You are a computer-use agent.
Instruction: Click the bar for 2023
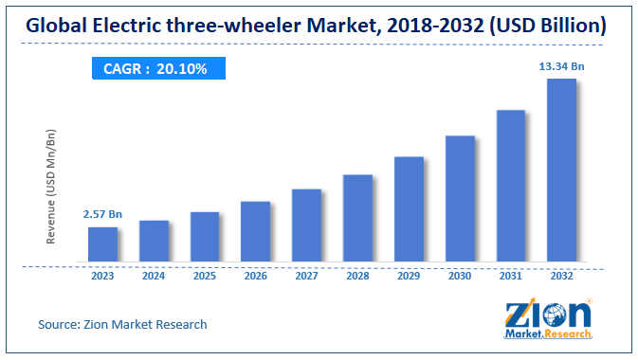103,243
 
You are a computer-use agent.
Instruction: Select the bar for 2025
205,236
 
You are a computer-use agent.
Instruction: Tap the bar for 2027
307,225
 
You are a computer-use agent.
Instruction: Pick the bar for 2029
409,208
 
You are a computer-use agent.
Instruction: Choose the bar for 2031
511,185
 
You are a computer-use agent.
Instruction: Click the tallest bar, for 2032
562,170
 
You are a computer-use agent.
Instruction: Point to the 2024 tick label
155,278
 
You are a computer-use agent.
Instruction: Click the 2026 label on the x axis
256,278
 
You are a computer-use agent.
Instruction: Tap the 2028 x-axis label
357,278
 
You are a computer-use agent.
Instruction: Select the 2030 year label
460,278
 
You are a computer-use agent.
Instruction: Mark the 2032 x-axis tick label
562,278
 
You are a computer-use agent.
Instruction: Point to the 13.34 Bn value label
562,65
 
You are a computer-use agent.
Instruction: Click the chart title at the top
319,25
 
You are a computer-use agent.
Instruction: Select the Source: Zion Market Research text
122,325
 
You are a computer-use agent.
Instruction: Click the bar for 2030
460,198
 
